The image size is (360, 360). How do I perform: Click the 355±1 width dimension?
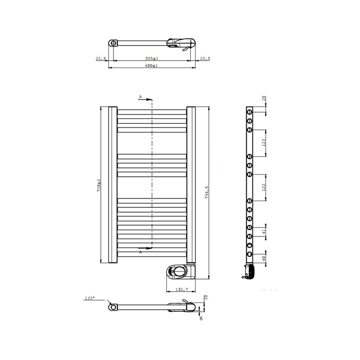[x=152, y=58]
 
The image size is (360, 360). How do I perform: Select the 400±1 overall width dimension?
[x=152, y=65]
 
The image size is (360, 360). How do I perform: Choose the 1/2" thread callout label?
[x=89, y=298]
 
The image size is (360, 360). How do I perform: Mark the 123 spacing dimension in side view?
[x=263, y=143]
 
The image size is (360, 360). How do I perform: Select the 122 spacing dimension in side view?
[x=263, y=187]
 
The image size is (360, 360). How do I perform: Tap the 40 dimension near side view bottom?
[x=263, y=258]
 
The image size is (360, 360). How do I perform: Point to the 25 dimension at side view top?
[x=263, y=99]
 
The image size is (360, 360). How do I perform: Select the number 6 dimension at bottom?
[x=201, y=318]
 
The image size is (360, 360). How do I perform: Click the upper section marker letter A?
[x=140, y=96]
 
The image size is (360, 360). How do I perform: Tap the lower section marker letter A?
[x=140, y=252]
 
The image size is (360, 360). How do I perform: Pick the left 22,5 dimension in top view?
[x=100, y=58]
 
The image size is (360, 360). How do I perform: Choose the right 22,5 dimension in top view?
[x=205, y=58]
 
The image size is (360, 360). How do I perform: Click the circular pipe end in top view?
[x=114, y=43]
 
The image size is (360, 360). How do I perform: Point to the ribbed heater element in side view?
[x=250, y=270]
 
